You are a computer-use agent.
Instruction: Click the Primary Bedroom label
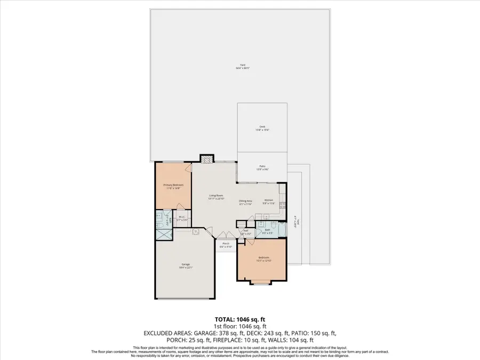[x=173, y=186]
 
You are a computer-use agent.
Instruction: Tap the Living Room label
[x=215, y=198]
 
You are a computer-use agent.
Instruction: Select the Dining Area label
[x=245, y=202]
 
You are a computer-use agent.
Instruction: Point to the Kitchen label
[x=268, y=202]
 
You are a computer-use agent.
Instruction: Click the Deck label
[x=262, y=128]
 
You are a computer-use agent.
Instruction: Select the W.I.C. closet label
[x=182, y=218]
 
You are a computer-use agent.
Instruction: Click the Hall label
[x=245, y=233]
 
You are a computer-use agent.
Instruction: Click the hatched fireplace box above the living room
[x=206, y=159]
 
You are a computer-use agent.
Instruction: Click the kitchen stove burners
[x=282, y=205]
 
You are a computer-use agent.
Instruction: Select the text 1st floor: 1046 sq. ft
[x=240, y=326]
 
